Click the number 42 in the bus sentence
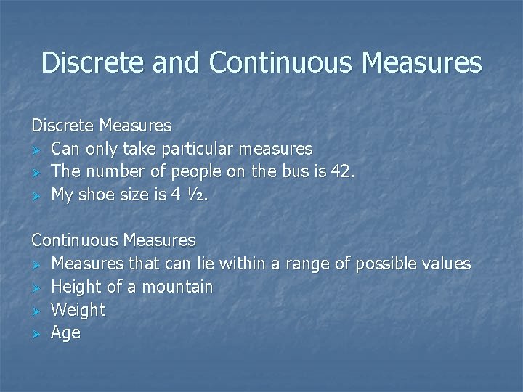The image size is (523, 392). click(x=343, y=172)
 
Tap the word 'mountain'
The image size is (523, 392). click(x=179, y=287)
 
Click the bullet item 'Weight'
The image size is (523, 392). click(x=78, y=310)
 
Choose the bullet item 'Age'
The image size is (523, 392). click(x=65, y=333)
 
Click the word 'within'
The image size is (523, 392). click(x=245, y=264)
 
